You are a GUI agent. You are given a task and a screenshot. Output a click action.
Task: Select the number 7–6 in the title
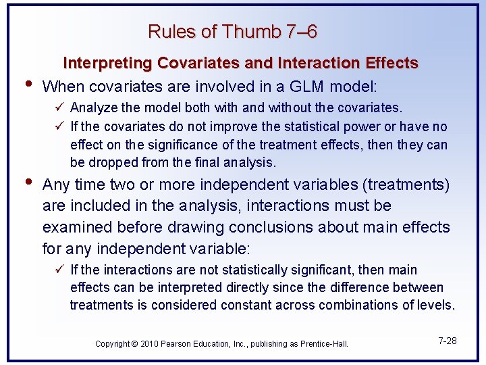pos(302,32)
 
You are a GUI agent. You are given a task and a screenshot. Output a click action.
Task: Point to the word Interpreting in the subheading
pos(108,63)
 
